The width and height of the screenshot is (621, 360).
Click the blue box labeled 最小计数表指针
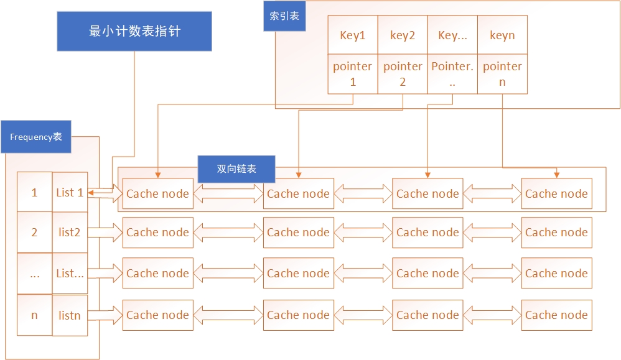(x=134, y=31)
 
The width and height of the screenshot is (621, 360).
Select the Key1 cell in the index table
(x=353, y=35)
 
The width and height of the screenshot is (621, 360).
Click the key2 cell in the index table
(x=403, y=35)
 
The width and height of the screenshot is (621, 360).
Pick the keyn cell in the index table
(x=502, y=35)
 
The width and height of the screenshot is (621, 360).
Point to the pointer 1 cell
(x=353, y=74)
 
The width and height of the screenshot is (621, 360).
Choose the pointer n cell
(x=502, y=74)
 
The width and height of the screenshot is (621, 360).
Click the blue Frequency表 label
(x=36, y=137)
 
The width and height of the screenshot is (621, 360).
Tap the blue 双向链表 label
(x=236, y=168)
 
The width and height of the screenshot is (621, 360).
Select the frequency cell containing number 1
(x=34, y=193)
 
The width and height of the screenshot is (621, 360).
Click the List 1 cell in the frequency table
(x=70, y=193)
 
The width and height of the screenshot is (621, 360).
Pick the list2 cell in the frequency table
(x=70, y=233)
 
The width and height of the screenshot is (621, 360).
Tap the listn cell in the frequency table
(x=70, y=315)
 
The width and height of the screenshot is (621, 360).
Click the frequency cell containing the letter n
(x=34, y=315)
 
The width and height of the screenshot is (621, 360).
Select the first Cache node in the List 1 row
(x=157, y=194)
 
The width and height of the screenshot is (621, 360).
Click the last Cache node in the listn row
(x=556, y=315)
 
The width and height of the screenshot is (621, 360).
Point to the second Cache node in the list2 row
(x=298, y=233)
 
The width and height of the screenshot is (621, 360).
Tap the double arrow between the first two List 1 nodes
(x=228, y=194)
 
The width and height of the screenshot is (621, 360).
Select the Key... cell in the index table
(x=452, y=35)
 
